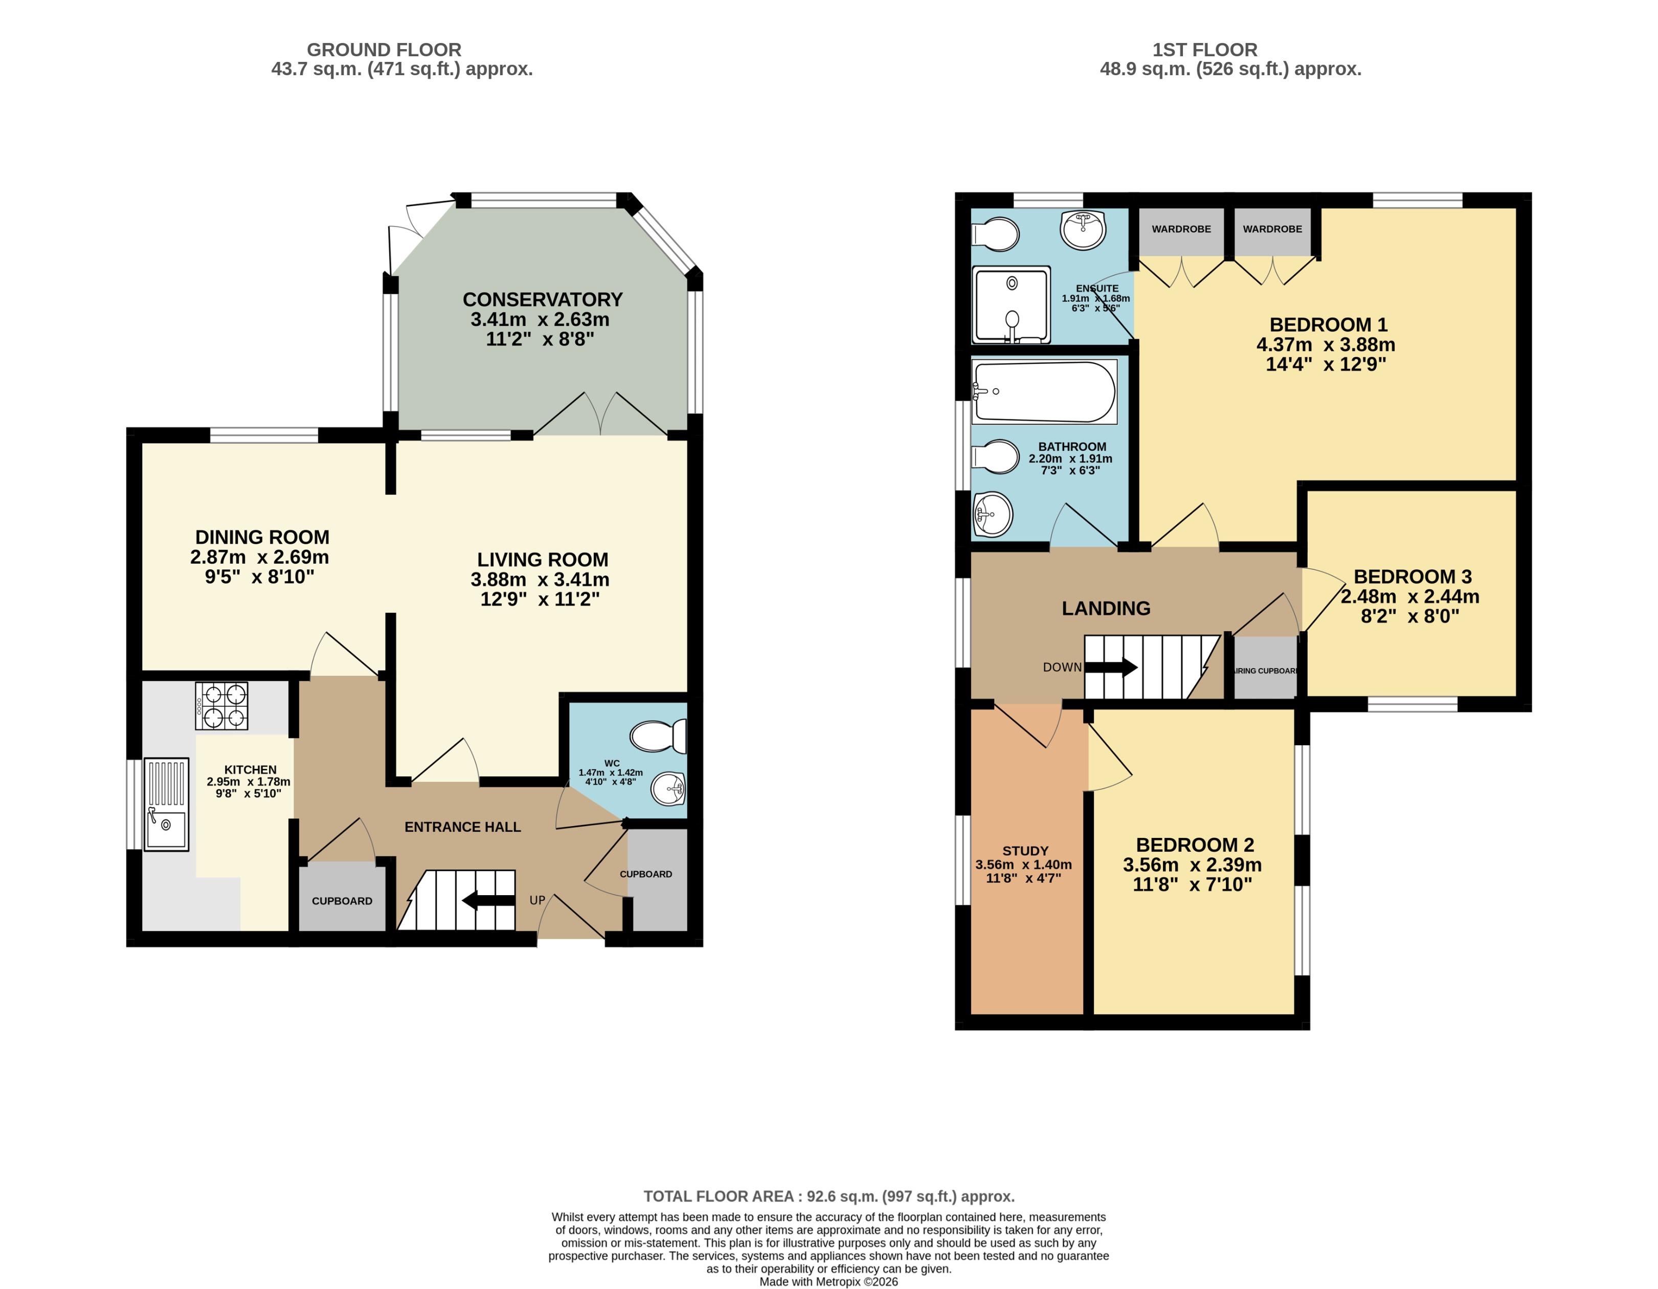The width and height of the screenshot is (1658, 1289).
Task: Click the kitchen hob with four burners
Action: [x=221, y=706]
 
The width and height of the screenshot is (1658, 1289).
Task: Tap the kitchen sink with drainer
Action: [x=166, y=804]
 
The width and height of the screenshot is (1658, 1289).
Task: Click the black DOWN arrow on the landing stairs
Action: [x=1111, y=668]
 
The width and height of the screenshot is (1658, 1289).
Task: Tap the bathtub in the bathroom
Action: [x=1044, y=392]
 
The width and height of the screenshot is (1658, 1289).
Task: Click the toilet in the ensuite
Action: [x=995, y=235]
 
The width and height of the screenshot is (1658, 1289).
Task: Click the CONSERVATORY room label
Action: [x=542, y=300]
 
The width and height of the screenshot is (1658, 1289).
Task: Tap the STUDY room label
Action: [x=1025, y=851]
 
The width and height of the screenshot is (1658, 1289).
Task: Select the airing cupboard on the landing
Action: [x=1265, y=668]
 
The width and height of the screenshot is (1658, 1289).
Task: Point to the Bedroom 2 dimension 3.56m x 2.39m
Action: [x=1192, y=864]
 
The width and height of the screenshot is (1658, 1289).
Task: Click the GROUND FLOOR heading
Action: [x=384, y=50]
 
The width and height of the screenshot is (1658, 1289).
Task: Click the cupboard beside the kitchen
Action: [x=342, y=900]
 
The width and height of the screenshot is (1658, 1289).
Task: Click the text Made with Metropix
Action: [x=828, y=1281]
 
